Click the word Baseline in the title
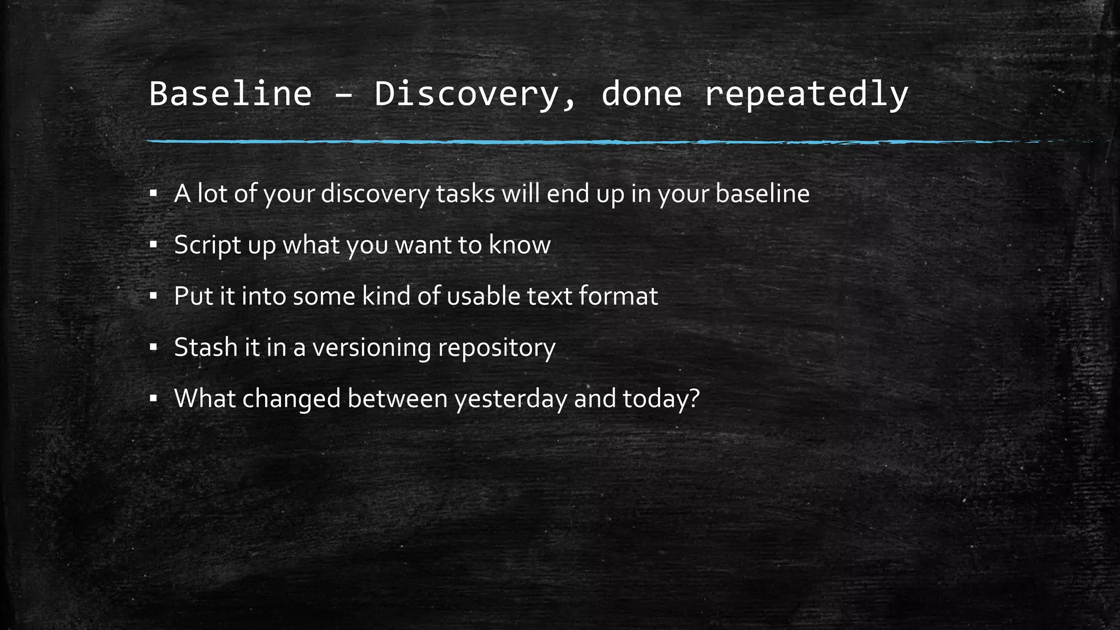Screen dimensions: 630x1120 tap(230, 94)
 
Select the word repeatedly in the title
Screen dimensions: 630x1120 tap(806, 94)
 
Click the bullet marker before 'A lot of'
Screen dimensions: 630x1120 tap(153, 194)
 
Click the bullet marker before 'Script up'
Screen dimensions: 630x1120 tap(153, 245)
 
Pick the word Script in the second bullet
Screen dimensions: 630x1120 tap(208, 245)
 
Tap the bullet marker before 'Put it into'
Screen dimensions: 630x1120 tap(153, 296)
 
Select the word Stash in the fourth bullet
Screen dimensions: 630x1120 tap(206, 347)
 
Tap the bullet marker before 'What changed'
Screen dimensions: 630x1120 tap(153, 399)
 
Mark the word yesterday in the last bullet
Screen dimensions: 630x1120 tap(511, 399)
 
